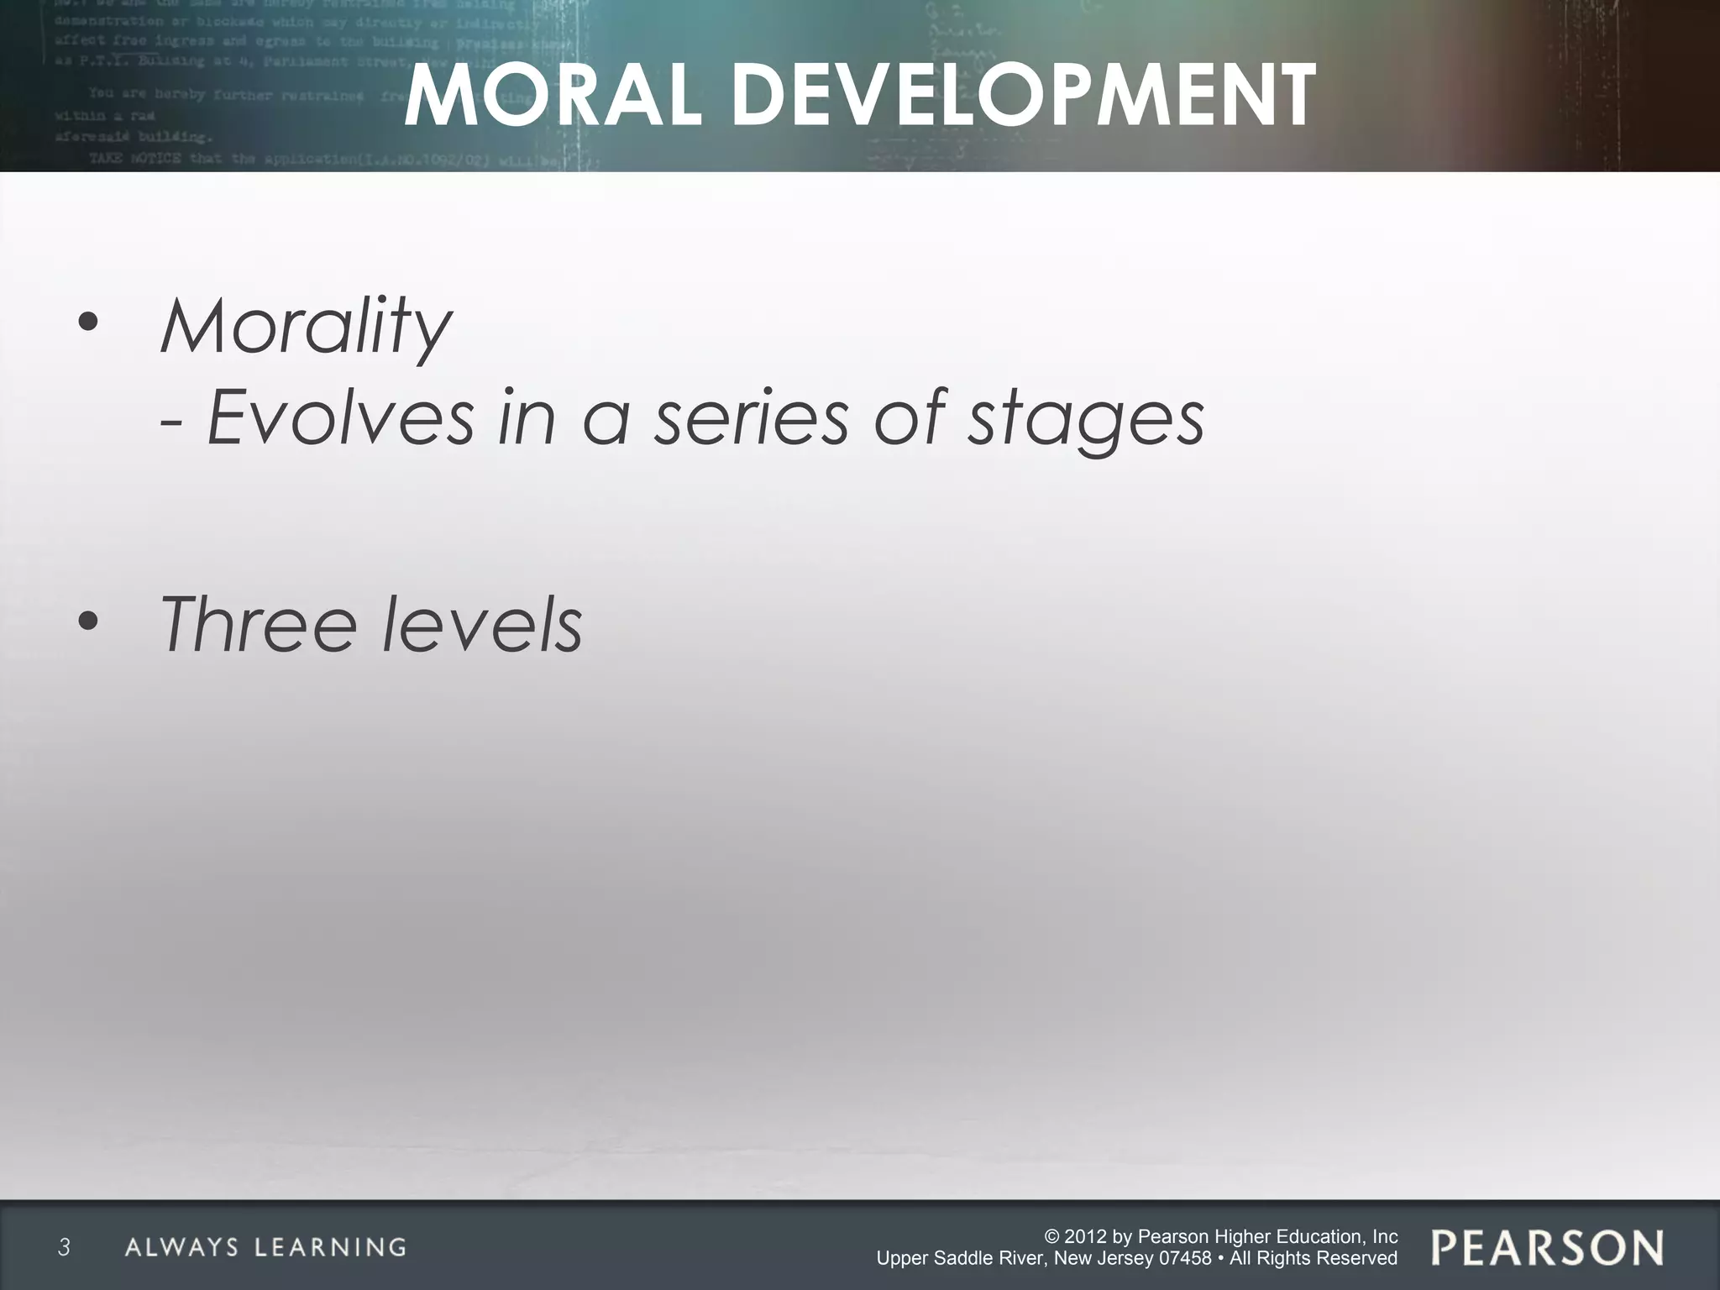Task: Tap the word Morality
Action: click(306, 327)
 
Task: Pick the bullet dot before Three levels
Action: click(88, 622)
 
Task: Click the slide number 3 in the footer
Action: click(64, 1247)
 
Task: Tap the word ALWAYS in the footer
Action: click(181, 1247)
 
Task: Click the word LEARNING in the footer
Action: click(331, 1247)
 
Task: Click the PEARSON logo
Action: click(1547, 1247)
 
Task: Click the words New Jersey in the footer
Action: click(1093, 1258)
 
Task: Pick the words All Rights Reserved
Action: click(1314, 1258)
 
